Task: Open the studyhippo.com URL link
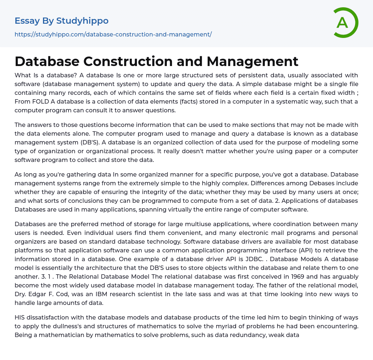pos(113,34)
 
